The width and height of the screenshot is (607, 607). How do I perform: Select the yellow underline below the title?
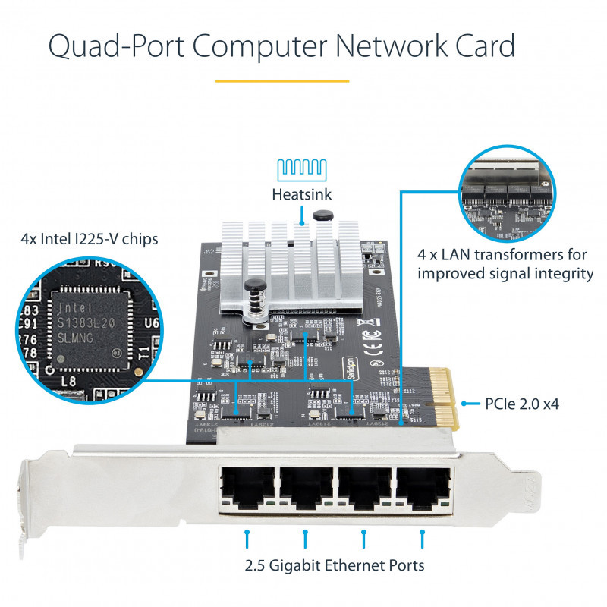pyautogui.click(x=281, y=80)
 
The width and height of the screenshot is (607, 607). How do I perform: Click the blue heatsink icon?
pyautogui.click(x=302, y=168)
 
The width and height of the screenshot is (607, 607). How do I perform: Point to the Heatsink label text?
pyautogui.click(x=302, y=195)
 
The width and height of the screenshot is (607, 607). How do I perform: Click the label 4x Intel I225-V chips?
pyautogui.click(x=90, y=240)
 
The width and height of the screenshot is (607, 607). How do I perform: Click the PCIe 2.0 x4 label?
pyautogui.click(x=521, y=404)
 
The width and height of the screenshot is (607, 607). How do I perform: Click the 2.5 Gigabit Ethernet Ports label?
pyautogui.click(x=335, y=565)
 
